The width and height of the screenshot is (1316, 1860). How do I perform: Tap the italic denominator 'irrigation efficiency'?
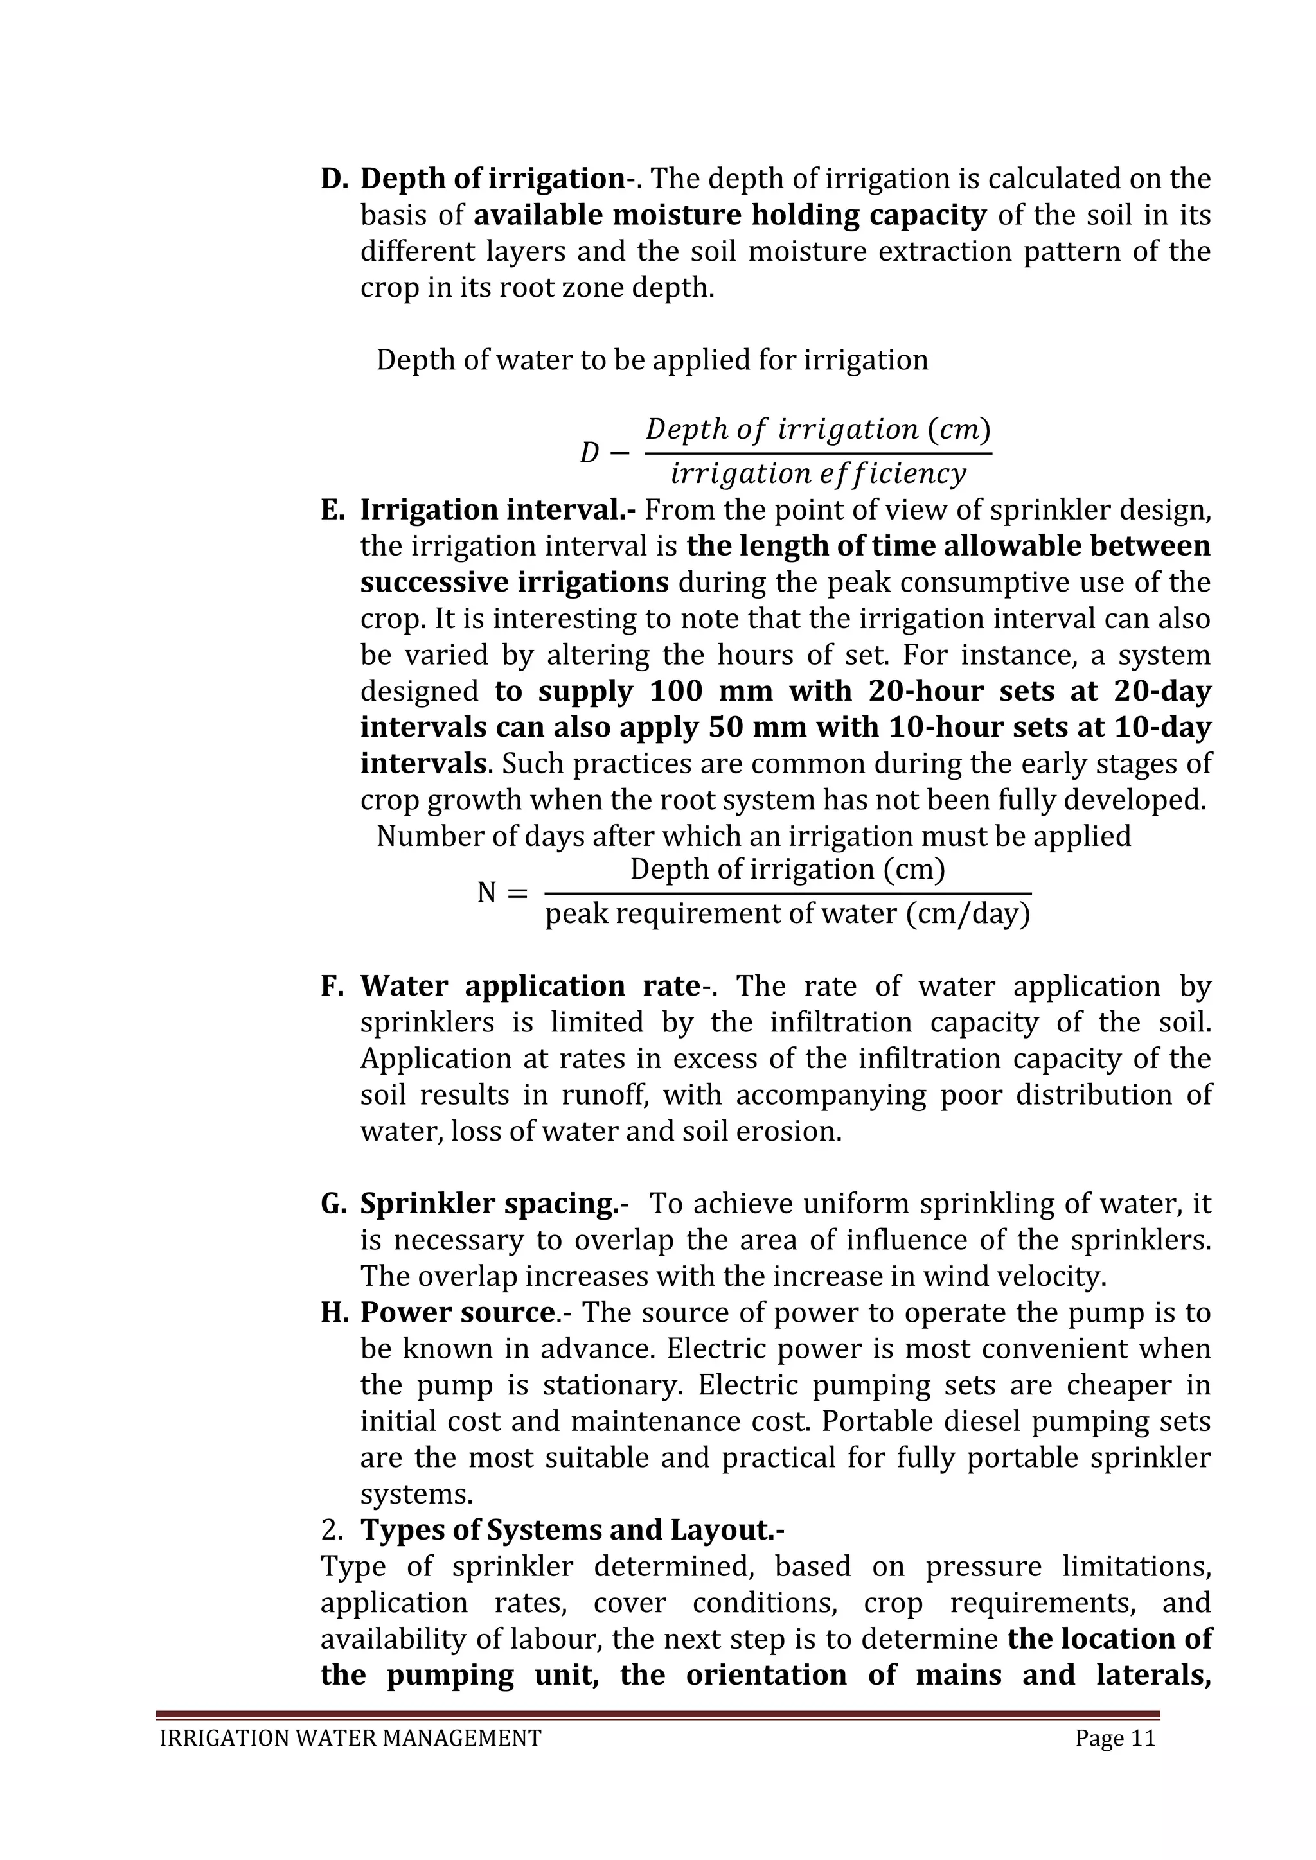(819, 473)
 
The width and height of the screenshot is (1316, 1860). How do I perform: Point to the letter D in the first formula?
(589, 452)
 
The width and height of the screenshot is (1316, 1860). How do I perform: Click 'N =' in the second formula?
(502, 893)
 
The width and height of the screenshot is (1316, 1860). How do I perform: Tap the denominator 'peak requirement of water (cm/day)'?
(788, 914)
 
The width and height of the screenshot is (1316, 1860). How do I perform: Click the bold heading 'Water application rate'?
(530, 986)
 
